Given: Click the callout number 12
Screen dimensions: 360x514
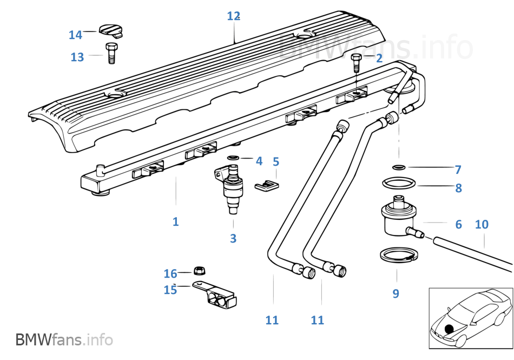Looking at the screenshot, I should (x=233, y=16).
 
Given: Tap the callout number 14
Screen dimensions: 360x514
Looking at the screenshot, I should (x=75, y=35).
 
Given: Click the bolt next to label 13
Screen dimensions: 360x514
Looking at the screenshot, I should (x=111, y=53).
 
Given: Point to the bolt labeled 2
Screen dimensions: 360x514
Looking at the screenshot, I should (x=357, y=63).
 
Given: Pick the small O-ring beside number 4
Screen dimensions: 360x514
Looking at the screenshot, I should (x=233, y=158).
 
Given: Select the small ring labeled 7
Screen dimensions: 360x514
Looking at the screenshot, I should (x=398, y=167).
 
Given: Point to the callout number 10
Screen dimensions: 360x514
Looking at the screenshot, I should (x=481, y=224).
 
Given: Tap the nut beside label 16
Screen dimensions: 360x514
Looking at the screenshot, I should (x=198, y=269).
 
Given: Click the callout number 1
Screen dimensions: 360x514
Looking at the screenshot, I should (x=175, y=221).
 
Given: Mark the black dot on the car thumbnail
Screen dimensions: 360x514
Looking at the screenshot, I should (x=448, y=329).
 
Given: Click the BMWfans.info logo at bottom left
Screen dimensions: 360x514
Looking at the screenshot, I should (x=64, y=340).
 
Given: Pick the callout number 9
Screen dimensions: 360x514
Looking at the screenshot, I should (x=396, y=293).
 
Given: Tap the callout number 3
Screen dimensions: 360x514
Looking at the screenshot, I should (x=233, y=238).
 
